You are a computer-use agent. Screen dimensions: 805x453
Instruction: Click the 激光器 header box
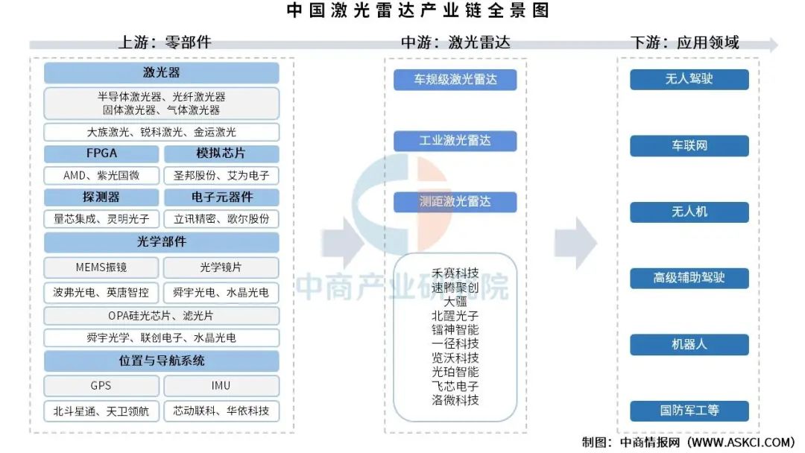161,73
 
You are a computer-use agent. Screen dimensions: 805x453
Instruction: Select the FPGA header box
101,153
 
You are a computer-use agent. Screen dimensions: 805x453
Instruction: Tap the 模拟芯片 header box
221,153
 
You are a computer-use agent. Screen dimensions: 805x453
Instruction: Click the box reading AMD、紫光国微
101,175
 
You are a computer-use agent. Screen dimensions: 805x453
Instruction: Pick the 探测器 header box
101,197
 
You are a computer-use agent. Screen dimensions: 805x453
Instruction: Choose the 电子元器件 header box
221,197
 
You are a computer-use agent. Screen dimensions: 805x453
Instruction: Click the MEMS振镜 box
101,267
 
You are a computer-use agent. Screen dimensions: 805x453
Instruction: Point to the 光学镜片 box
221,267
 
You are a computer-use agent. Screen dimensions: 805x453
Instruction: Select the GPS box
101,386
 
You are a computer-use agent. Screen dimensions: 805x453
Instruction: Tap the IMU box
221,386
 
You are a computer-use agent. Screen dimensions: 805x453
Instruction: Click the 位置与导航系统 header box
161,361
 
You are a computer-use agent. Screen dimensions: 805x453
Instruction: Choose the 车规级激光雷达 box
455,80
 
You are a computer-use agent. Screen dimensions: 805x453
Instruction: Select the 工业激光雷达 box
455,141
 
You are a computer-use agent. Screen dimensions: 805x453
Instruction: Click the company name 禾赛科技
455,273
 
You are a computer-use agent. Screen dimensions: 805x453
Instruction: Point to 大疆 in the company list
455,302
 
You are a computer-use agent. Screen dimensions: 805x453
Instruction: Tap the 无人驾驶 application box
689,79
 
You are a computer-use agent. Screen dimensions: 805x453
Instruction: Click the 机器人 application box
689,344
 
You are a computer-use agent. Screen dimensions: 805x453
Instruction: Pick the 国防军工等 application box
689,411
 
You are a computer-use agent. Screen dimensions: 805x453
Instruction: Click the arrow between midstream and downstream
575,243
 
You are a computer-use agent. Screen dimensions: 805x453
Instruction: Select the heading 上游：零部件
165,42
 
